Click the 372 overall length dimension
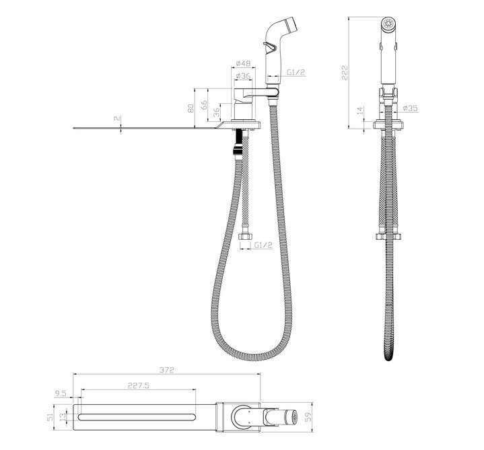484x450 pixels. click(167, 370)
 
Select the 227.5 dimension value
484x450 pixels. click(138, 385)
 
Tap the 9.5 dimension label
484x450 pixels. click(61, 393)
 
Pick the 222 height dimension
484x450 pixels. click(345, 73)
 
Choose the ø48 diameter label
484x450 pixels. click(243, 63)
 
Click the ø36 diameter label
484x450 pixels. click(243, 75)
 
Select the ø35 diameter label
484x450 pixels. click(411, 108)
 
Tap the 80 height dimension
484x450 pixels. click(191, 108)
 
